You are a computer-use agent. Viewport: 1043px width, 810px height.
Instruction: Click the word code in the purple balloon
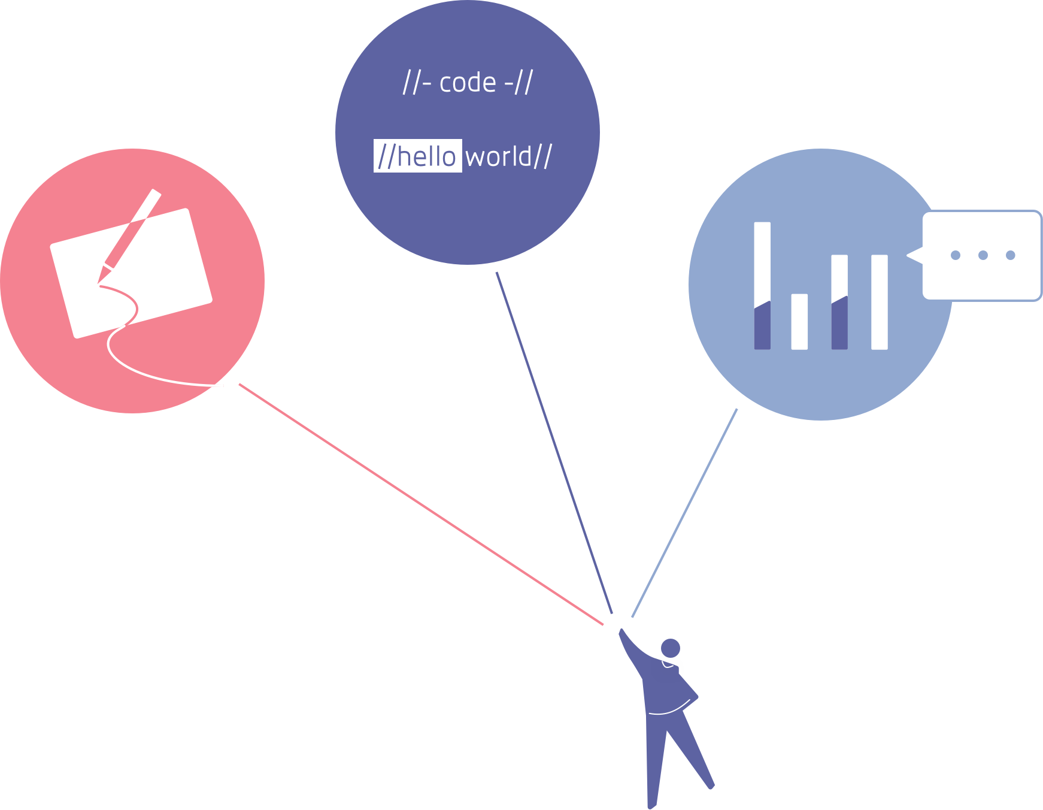[x=468, y=83]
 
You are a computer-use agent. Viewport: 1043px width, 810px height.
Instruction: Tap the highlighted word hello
[x=426, y=156]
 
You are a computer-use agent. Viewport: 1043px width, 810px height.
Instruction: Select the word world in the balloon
[x=499, y=157]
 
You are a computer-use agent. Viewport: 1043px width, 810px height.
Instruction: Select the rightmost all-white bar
[x=879, y=302]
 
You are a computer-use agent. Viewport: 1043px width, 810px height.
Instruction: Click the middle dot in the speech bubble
[x=983, y=255]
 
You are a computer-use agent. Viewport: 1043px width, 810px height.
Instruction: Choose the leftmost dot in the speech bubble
[x=956, y=255]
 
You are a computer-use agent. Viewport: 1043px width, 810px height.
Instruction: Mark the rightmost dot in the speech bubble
[x=1011, y=255]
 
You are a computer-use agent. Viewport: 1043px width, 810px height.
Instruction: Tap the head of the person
[x=671, y=648]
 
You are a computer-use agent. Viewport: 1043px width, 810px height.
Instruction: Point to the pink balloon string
[x=419, y=503]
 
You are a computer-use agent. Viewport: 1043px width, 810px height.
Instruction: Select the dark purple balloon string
[x=554, y=443]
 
